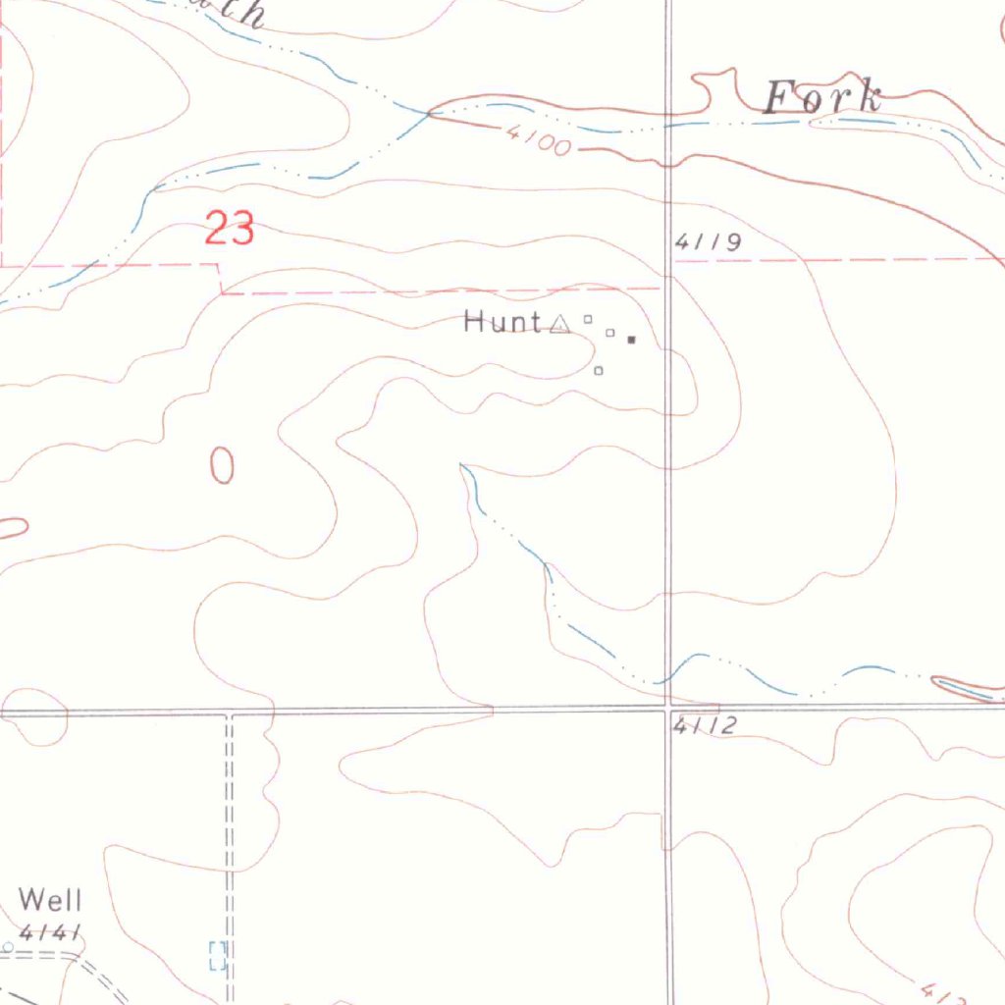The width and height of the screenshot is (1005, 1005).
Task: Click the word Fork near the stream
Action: [822, 99]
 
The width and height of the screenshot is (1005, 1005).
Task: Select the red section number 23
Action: [230, 230]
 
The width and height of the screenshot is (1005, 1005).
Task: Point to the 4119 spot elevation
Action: [708, 242]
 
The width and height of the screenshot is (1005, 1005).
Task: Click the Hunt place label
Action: [502, 322]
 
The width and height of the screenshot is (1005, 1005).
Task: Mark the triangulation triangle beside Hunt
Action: [559, 323]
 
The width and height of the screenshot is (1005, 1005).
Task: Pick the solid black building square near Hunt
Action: [632, 340]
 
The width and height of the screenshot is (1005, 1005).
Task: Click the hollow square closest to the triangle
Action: [589, 318]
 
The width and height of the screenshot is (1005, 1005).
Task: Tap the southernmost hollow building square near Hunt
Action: [599, 371]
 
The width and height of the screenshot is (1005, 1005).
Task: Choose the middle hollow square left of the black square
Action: [610, 334]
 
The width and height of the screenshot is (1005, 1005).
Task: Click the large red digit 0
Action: [223, 465]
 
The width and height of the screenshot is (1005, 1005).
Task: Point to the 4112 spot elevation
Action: [704, 726]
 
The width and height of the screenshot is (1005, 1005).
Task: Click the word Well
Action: [50, 899]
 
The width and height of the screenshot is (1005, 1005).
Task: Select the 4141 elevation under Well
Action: [49, 931]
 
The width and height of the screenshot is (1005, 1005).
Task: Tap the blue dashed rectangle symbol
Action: [218, 955]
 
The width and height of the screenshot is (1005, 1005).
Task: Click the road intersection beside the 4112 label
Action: [668, 707]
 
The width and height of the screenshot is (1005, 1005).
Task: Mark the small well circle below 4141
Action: [8, 947]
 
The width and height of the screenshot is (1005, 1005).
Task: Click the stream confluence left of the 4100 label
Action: [429, 114]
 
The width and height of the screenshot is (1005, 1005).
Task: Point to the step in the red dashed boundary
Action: [221, 278]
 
